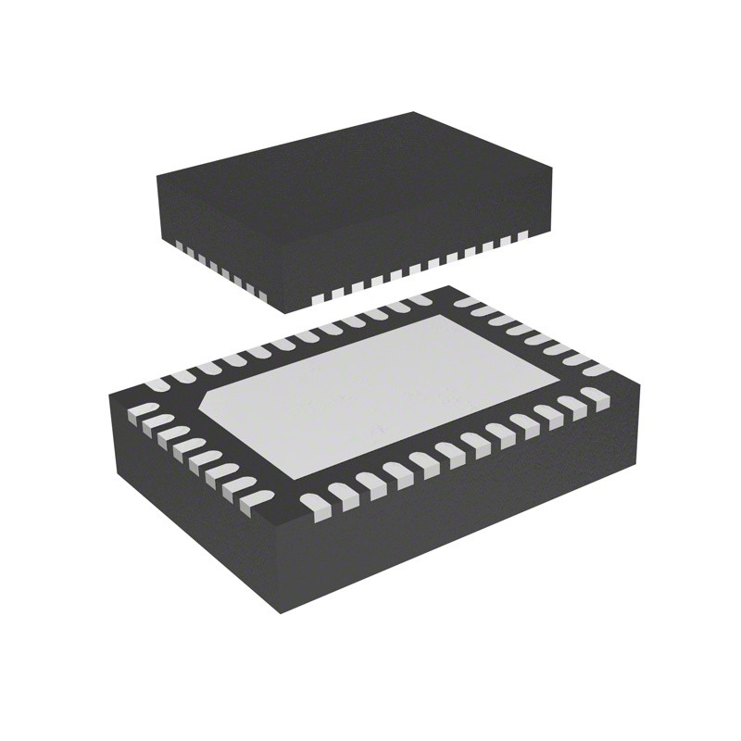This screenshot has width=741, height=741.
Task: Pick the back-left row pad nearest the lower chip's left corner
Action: point(159,383)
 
